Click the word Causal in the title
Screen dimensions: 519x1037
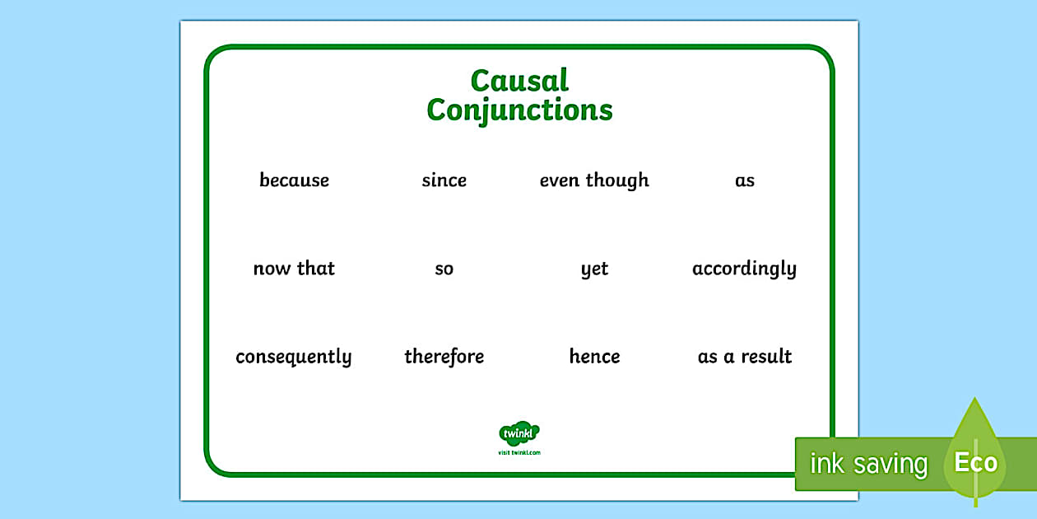pyautogui.click(x=519, y=81)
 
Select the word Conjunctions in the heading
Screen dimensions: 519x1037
pyautogui.click(x=519, y=110)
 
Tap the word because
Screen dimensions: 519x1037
pyautogui.click(x=294, y=180)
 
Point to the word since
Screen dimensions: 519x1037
pyautogui.click(x=444, y=180)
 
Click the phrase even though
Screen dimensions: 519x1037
pyautogui.click(x=594, y=180)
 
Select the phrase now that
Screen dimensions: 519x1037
pyautogui.click(x=294, y=269)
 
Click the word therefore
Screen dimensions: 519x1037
pyautogui.click(x=444, y=357)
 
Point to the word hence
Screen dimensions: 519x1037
pyautogui.click(x=594, y=357)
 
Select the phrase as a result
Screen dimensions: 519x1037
pyautogui.click(x=744, y=357)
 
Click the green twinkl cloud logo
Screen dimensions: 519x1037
pyautogui.click(x=519, y=433)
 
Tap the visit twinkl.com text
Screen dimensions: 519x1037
pyautogui.click(x=519, y=452)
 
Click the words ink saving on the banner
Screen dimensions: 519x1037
pyautogui.click(x=868, y=464)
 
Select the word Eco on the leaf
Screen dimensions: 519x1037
pyautogui.click(x=975, y=462)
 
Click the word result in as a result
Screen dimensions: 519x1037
pyautogui.click(x=766, y=357)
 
